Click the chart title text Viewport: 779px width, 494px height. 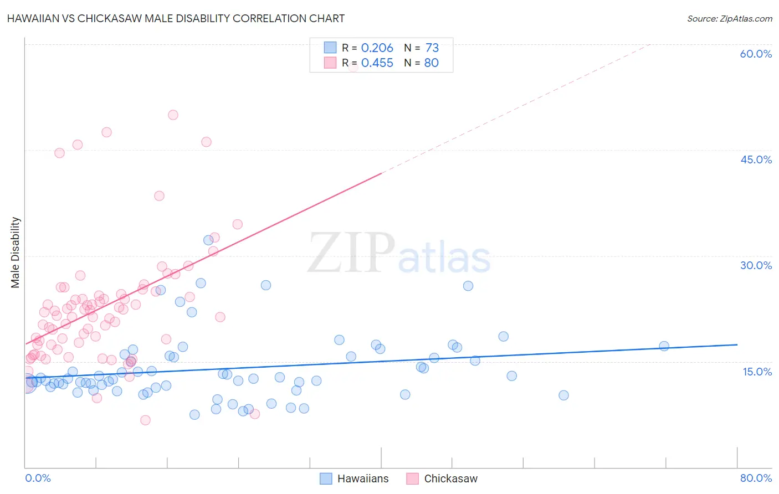[176, 19]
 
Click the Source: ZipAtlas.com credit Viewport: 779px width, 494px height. [729, 19]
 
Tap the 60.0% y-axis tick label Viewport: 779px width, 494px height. [756, 54]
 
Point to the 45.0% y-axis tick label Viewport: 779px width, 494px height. [756, 159]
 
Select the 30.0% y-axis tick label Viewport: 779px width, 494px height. [756, 265]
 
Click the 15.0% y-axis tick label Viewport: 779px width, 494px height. [757, 372]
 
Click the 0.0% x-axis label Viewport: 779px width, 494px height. [38, 478]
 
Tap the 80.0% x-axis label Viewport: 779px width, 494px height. [756, 478]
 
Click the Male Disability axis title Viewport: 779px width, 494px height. [16, 253]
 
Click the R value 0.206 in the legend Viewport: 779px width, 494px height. [377, 48]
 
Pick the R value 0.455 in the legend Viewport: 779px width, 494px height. [377, 63]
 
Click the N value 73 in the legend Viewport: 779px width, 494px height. [432, 48]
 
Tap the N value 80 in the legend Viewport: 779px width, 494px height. [431, 63]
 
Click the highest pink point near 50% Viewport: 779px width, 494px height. [173, 115]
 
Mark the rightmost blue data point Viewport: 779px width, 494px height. [664, 346]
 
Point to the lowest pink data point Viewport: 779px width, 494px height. [145, 420]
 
